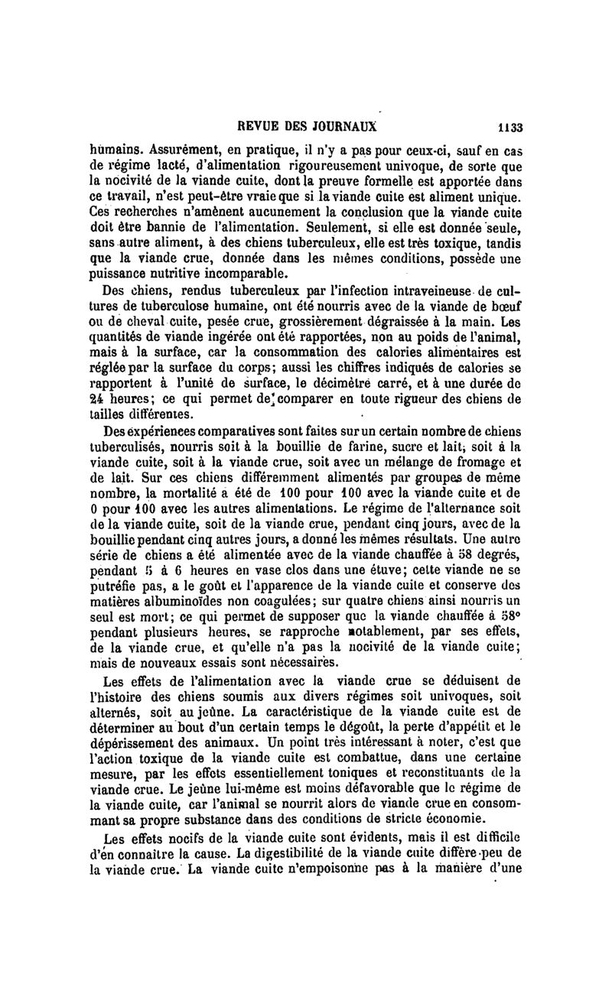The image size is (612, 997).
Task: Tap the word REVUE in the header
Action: [x=262, y=128]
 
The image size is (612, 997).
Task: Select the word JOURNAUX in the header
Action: [x=346, y=128]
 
